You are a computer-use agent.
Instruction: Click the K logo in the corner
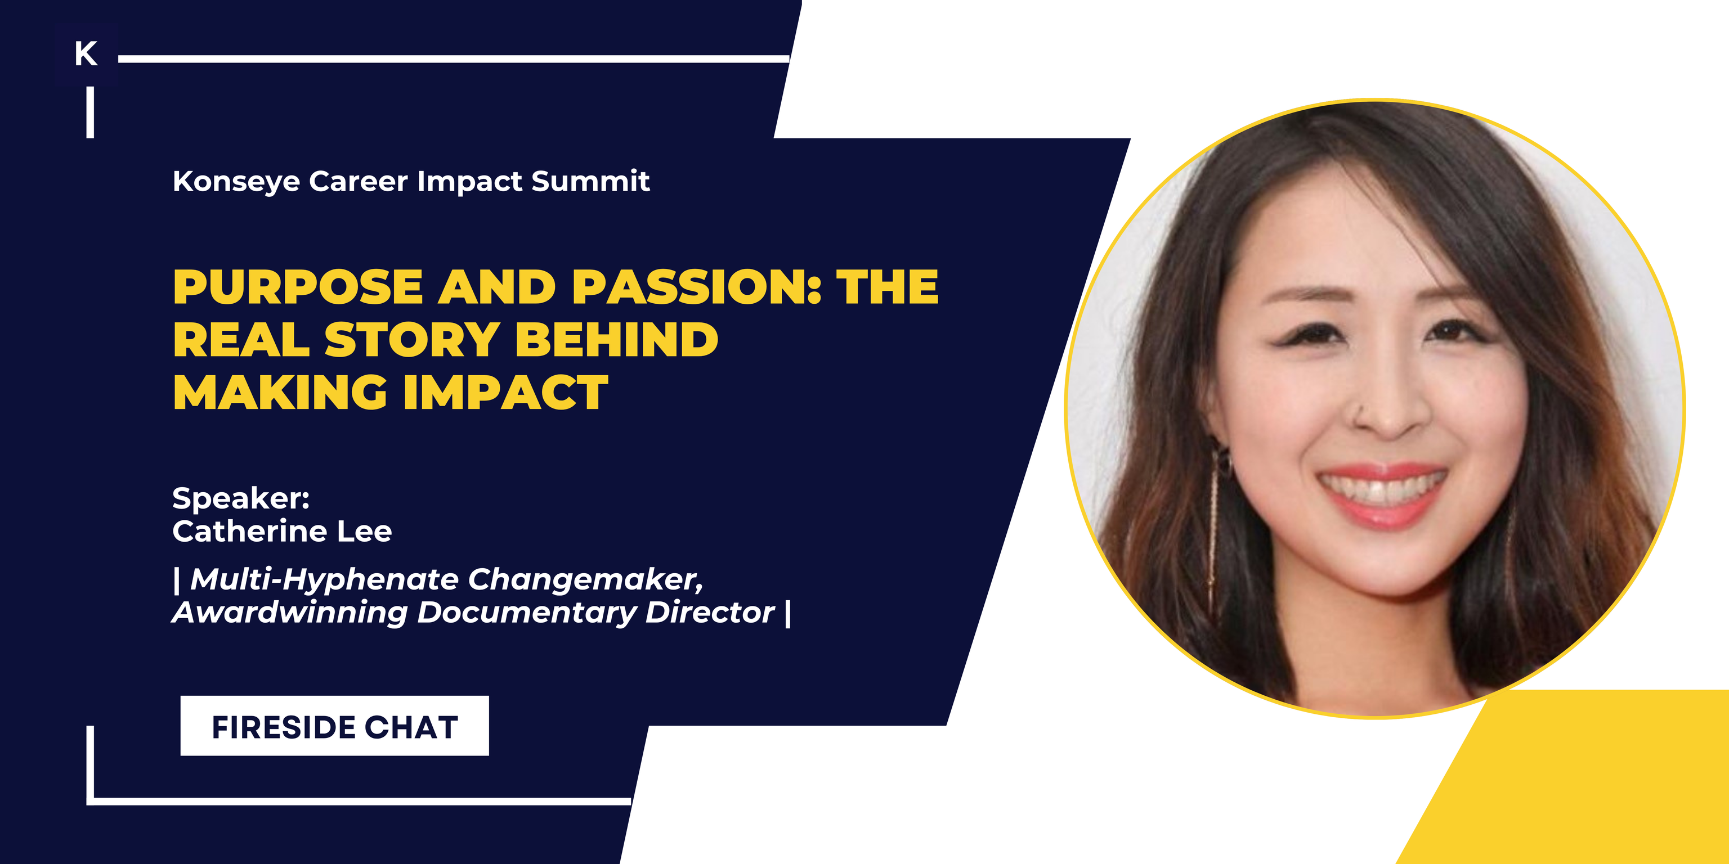click(x=86, y=53)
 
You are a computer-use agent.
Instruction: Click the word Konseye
click(x=236, y=182)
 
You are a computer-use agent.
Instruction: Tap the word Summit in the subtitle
click(x=590, y=181)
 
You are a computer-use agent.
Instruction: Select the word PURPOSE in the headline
click(x=297, y=287)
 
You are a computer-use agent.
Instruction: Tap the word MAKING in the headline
click(x=280, y=393)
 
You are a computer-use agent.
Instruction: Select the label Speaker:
click(x=241, y=498)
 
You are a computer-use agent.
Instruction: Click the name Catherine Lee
click(x=282, y=531)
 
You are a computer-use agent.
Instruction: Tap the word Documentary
click(x=526, y=613)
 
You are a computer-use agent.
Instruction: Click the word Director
click(x=710, y=613)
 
